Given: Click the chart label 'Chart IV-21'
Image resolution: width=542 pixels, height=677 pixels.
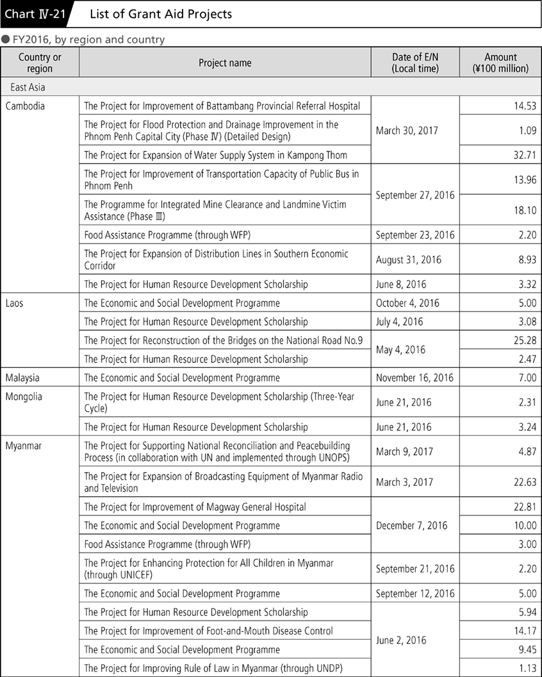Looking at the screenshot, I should tap(35, 13).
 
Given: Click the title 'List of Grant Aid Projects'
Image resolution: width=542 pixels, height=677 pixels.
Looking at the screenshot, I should tap(161, 13).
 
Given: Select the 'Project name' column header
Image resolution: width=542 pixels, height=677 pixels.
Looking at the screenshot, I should tap(224, 63).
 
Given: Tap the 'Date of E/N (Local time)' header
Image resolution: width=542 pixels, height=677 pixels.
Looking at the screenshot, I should tap(415, 63).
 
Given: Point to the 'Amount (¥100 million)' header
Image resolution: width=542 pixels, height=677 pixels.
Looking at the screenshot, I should tap(500, 63).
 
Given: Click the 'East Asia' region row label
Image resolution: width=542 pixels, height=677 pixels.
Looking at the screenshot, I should tap(28, 87).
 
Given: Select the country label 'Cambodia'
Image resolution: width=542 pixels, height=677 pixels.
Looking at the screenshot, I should tap(25, 106).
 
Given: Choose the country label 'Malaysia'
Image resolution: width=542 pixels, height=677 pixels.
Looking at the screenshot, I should tap(23, 378).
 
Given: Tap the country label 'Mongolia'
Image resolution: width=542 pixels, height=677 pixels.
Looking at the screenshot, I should tap(24, 396).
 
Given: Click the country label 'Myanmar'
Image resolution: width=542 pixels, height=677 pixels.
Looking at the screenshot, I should tap(24, 446).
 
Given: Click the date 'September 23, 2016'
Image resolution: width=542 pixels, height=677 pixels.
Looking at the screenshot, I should tap(415, 235).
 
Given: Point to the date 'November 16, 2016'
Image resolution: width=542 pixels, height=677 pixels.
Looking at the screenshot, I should tap(415, 378).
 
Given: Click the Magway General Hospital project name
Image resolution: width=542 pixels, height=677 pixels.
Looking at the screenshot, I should tap(195, 507).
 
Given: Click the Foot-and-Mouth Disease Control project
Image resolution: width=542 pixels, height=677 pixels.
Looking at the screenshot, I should tap(208, 631).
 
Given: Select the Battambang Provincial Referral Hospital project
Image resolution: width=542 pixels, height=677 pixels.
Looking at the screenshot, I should tap(222, 106).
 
